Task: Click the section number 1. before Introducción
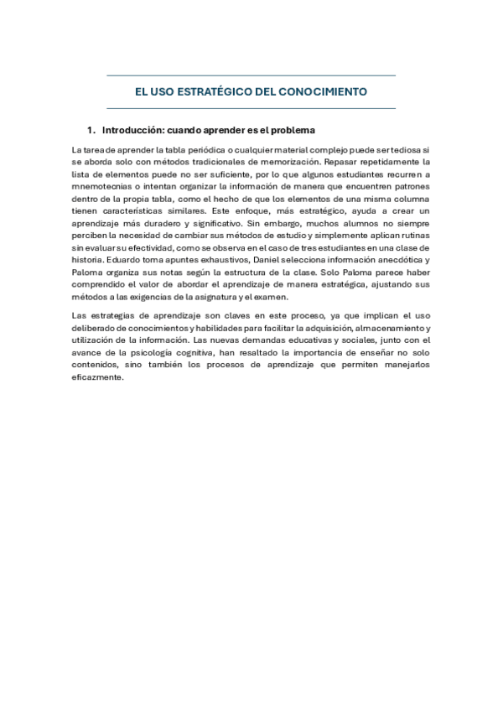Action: point(91,132)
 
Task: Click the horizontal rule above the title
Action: point(251,75)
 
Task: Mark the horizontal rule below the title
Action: point(251,109)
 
